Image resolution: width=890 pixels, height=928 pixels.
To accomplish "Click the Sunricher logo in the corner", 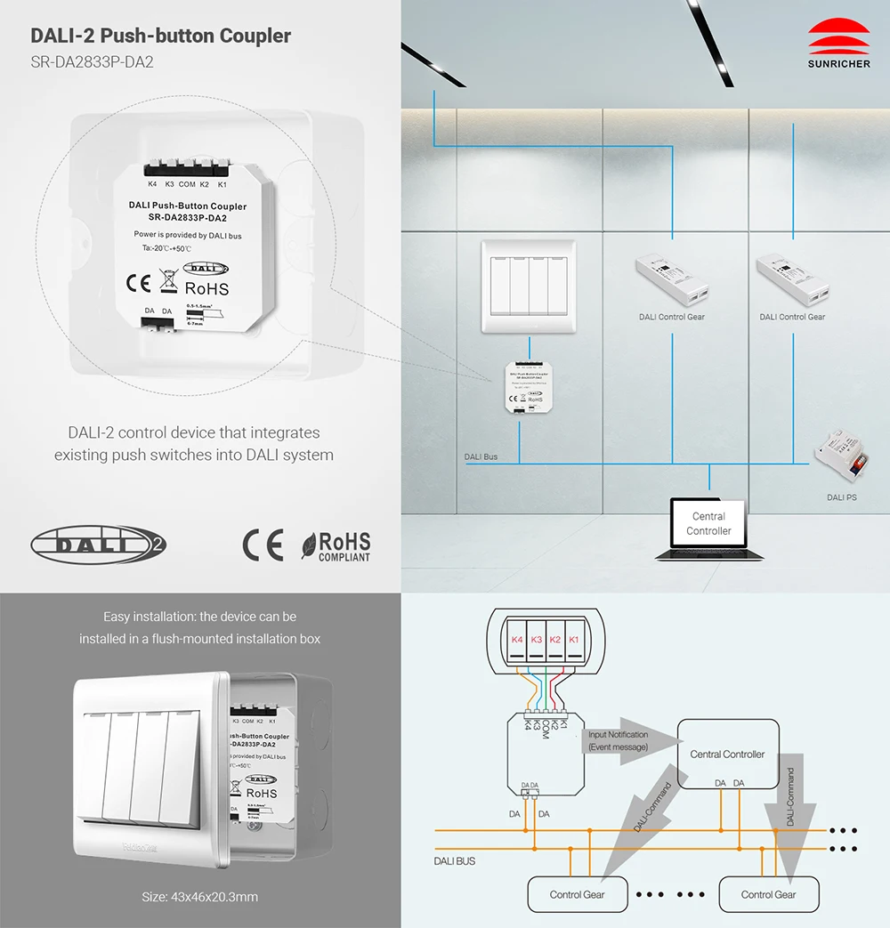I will pyautogui.click(x=838, y=44).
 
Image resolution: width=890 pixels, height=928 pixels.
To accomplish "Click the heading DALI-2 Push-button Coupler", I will pyautogui.click(x=161, y=36).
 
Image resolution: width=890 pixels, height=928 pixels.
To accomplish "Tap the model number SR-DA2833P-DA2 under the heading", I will pyautogui.click(x=86, y=63).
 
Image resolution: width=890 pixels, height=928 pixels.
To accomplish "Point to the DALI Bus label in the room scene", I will pyautogui.click(x=481, y=457).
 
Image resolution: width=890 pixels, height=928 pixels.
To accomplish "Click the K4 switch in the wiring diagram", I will pyautogui.click(x=517, y=640).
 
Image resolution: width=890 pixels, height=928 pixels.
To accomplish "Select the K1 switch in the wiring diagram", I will pyautogui.click(x=574, y=640).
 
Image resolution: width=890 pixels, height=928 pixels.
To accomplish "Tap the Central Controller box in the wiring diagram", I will pyautogui.click(x=727, y=754).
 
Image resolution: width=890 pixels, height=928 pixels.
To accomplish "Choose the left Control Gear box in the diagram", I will pyautogui.click(x=578, y=894).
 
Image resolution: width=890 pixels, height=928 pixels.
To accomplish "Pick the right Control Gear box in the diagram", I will pyautogui.click(x=768, y=894).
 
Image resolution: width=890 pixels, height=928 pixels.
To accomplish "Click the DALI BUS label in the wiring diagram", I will pyautogui.click(x=454, y=861).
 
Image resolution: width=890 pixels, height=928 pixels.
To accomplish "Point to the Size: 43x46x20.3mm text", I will pyautogui.click(x=200, y=897).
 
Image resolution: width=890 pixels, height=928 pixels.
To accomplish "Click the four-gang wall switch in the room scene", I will pyautogui.click(x=529, y=286).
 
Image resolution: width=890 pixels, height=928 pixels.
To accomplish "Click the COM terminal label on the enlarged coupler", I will pyautogui.click(x=187, y=184).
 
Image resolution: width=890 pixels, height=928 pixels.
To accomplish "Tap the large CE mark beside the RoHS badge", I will pyautogui.click(x=263, y=545).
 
